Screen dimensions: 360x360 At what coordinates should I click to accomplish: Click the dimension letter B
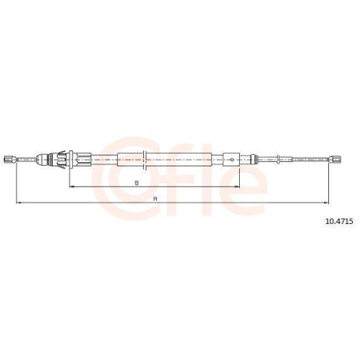(137, 183)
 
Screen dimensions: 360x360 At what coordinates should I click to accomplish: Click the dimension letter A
(156, 199)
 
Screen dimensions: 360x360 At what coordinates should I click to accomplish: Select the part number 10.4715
(339, 221)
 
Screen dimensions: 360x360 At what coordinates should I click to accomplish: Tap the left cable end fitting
(10, 159)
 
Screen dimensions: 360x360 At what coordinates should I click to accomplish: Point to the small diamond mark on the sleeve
(232, 159)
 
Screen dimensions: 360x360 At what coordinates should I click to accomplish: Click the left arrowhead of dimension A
(19, 203)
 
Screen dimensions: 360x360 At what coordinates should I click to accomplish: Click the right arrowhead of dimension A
(325, 203)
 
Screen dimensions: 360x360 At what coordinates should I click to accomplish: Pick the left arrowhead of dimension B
(72, 186)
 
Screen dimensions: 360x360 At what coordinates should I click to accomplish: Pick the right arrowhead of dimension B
(237, 186)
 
